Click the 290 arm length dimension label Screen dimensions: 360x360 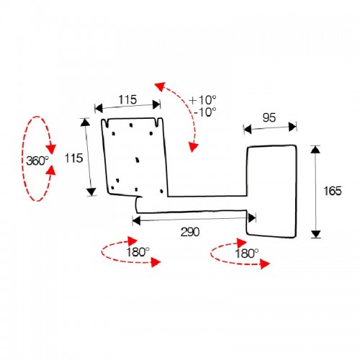190,232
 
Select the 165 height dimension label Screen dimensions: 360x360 333,191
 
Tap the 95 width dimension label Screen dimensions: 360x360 269,117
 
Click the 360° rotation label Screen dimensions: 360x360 37,161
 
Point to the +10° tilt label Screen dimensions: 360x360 203,100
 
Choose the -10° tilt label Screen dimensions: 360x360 204,112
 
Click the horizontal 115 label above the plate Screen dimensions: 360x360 127,99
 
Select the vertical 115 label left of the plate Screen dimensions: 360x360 74,158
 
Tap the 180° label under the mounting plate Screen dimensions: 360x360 138,252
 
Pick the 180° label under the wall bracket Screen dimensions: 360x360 247,253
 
